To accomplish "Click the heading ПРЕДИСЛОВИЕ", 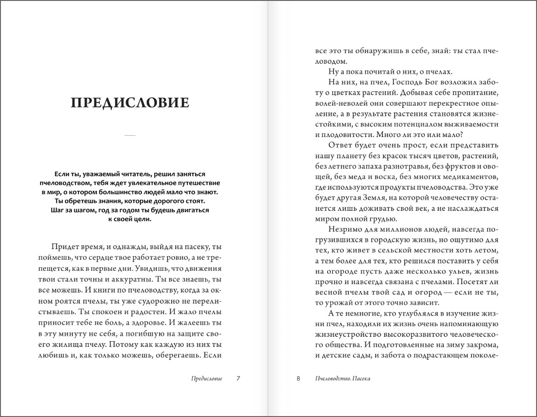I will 130,102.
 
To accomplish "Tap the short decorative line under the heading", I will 130,135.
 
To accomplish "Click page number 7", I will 238,379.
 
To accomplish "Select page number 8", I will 298,379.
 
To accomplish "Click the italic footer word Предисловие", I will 207,379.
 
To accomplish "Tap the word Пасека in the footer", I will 361,379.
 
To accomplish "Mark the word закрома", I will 478,346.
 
